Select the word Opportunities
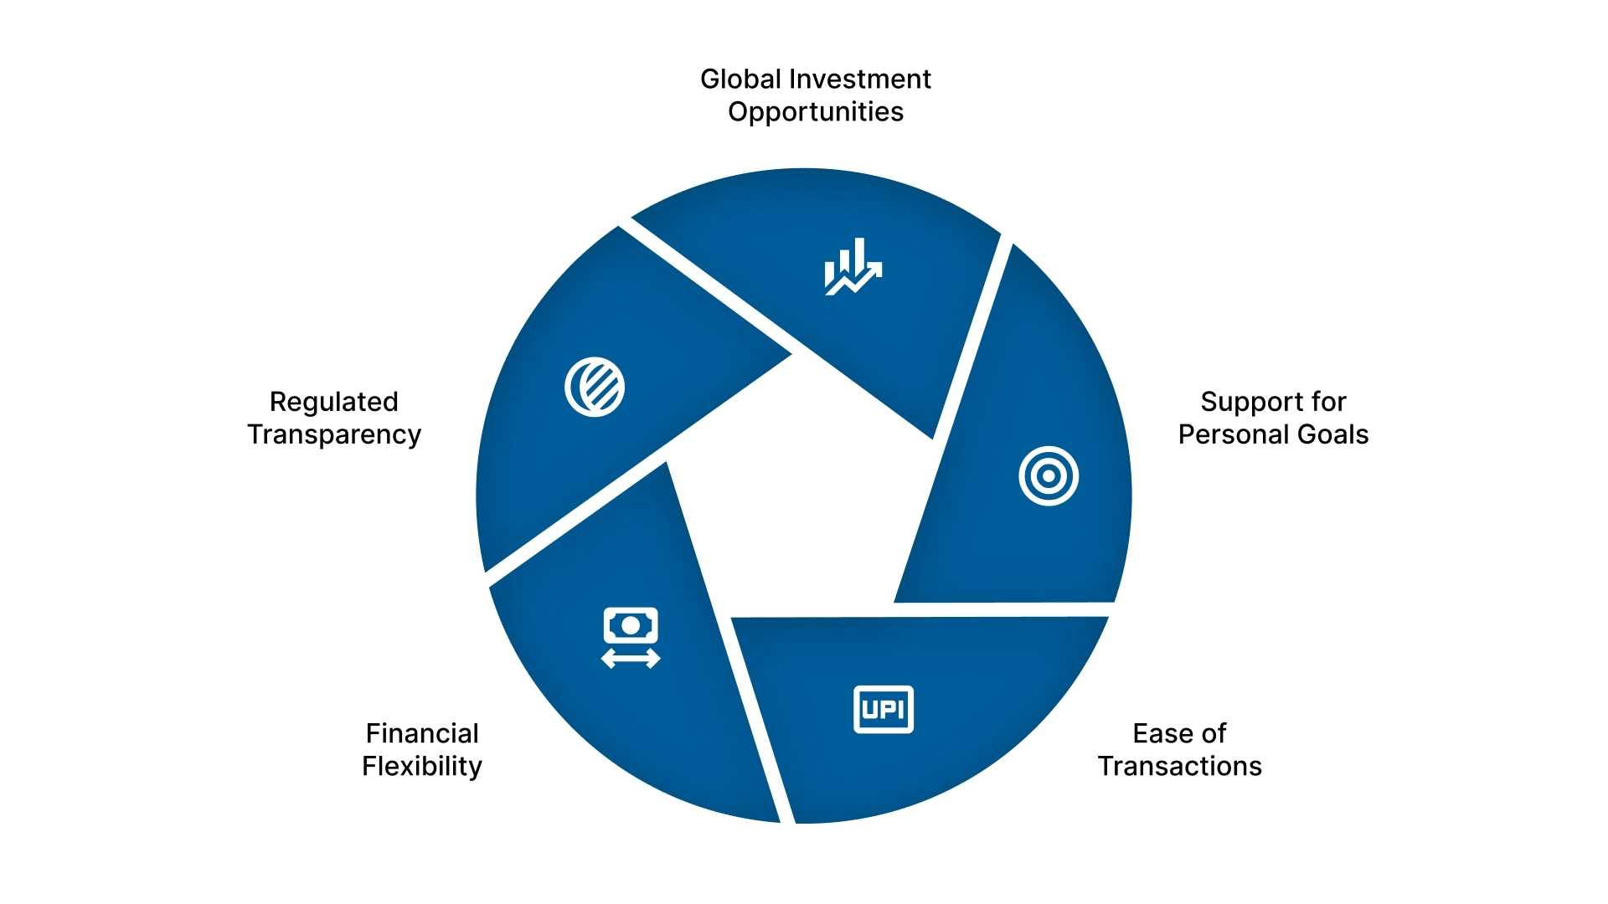point(815,112)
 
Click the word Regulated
point(333,403)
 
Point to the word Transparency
point(333,435)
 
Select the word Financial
point(422,734)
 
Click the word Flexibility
point(422,767)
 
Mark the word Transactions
point(1179,767)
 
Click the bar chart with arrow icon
point(853,266)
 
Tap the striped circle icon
point(595,387)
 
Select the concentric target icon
point(1049,476)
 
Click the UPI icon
point(884,710)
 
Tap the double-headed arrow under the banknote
point(631,659)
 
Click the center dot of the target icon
point(1049,476)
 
